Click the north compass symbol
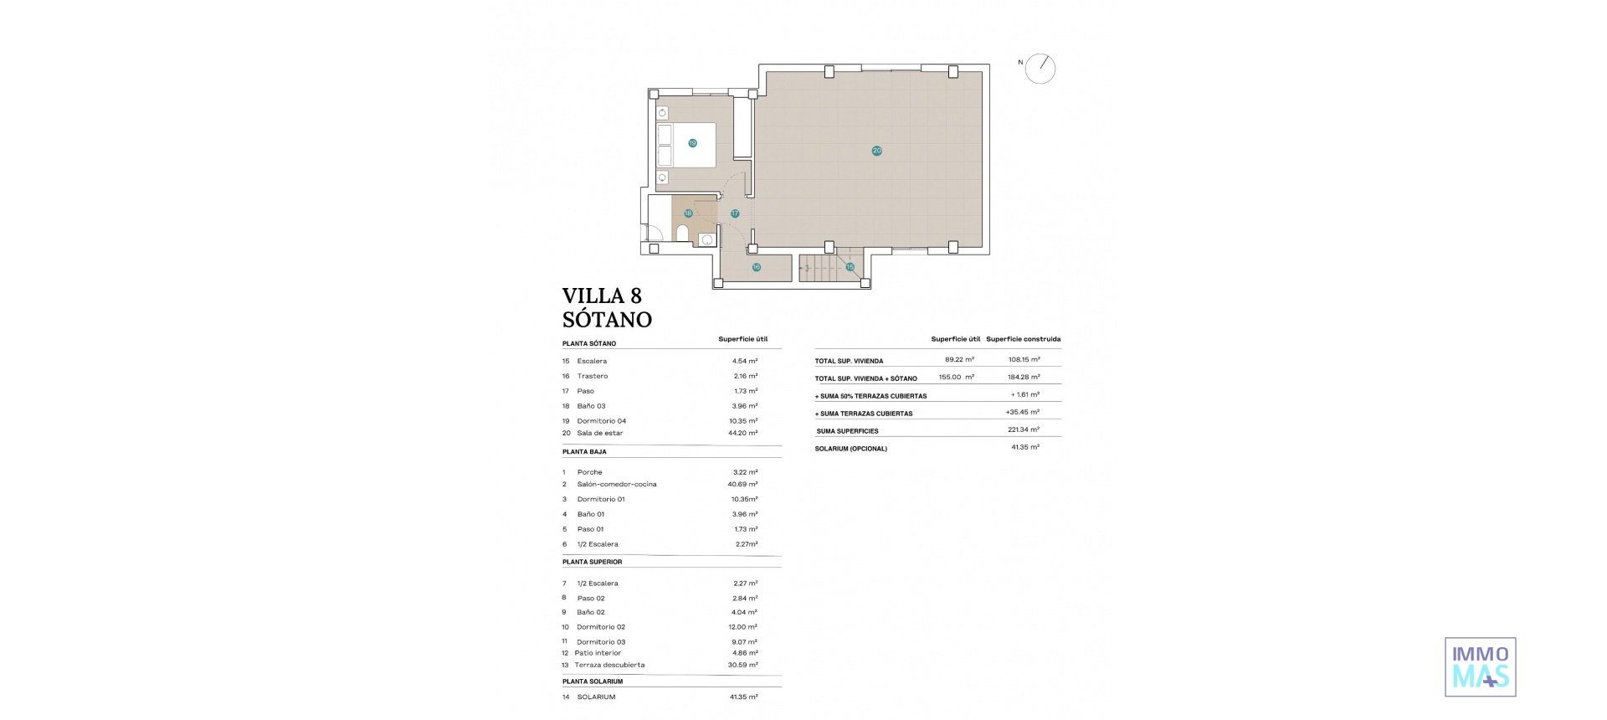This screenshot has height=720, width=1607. pos(1040,69)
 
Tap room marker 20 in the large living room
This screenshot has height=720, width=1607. pos(876,151)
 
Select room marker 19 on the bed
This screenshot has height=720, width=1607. pos(692,143)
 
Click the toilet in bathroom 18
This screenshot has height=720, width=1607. pos(682,233)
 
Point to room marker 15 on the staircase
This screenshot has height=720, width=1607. pos(850,267)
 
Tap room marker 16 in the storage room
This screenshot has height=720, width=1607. pos(756,268)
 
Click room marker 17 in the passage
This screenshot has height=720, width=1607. pos(735,213)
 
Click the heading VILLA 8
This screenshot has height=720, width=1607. pos(602,296)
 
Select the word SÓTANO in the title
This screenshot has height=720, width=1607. pos(607,320)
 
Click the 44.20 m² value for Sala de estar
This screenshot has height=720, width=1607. pos(742,433)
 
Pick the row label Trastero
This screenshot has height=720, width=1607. pos(593,376)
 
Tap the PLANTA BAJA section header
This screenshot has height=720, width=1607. pos(584,452)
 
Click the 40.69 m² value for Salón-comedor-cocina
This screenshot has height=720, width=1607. pos(742,484)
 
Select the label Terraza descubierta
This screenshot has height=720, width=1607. pos(609,665)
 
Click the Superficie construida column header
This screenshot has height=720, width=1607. pos(1023,339)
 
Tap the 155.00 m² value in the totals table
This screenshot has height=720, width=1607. pos(956,377)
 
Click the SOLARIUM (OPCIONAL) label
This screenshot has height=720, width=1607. pos(850,449)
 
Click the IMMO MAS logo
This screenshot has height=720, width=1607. pos(1480,667)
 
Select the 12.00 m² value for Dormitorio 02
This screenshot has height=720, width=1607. pos(742,627)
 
